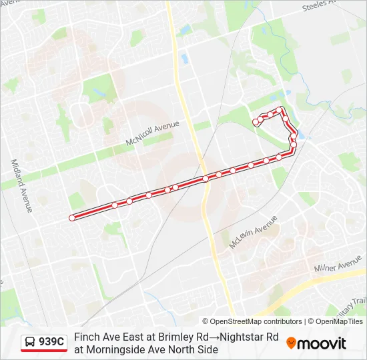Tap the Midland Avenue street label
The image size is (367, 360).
coord(21,185)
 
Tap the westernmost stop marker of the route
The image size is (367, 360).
coord(71,217)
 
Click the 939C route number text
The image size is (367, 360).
coord(51,342)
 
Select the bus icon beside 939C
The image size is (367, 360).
coord(30,343)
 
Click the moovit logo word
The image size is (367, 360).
coord(322,343)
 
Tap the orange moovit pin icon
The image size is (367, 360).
coord(292,343)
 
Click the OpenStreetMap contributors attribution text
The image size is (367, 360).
coord(252,321)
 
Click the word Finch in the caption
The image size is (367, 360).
coord(86,337)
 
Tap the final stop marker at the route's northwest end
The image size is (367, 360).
coord(256,122)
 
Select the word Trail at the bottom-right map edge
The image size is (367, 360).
coord(359,302)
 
